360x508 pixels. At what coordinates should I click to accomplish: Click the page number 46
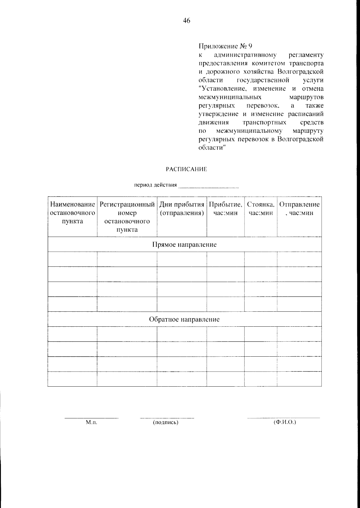pos(186,21)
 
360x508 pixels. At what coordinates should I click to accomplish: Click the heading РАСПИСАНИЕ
pos(186,169)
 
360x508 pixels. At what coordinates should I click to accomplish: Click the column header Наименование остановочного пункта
pos(73,213)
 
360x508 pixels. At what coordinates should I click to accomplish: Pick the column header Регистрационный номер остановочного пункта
pos(127,217)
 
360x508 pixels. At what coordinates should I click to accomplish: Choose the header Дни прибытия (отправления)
pos(182,209)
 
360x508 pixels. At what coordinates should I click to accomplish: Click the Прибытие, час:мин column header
pos(225,209)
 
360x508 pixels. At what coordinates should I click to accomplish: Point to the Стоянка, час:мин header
pos(260,209)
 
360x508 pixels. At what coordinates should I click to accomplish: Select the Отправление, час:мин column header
pos(299,209)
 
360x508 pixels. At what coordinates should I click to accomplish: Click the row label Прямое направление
pos(184,245)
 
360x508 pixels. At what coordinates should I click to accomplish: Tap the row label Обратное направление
pos(184,319)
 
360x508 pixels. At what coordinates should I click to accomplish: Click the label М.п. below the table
pos(91,422)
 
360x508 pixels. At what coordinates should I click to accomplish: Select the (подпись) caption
pos(166,422)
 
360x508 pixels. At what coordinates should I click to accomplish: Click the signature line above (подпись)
pos(167,417)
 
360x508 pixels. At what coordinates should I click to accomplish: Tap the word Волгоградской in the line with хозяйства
pos(300,72)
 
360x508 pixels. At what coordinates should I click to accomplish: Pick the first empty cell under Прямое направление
pos(73,259)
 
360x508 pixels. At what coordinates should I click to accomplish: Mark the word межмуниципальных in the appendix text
pos(230,97)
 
